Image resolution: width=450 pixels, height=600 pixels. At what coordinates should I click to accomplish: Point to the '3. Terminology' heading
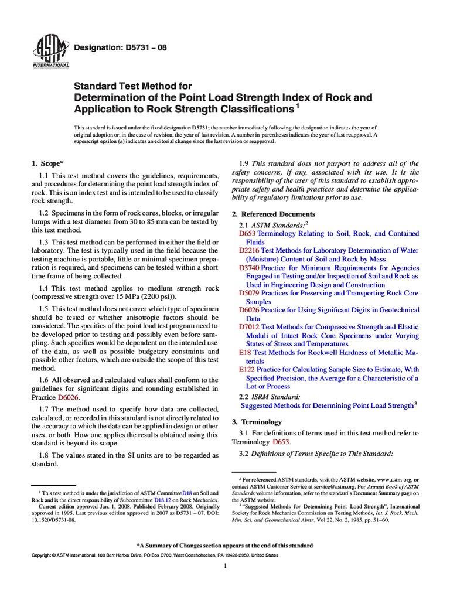[257, 422]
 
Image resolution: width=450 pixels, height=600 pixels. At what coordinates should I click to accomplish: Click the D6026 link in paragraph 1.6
[68, 397]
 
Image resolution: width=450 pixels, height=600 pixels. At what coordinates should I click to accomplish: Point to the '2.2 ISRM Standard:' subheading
[270, 396]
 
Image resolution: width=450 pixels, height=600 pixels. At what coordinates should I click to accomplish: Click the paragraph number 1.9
[247, 163]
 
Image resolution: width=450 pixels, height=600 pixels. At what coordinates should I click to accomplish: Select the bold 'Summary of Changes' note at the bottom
[224, 545]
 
